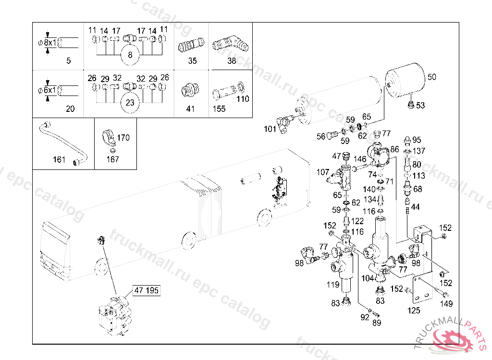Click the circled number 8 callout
click(130, 55)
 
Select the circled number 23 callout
click(130, 102)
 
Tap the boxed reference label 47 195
click(147, 290)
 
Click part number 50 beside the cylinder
click(431, 77)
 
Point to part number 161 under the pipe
click(59, 160)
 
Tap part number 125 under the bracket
click(414, 311)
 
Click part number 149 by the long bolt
click(447, 304)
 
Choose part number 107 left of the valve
click(323, 172)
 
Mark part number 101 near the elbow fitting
click(270, 129)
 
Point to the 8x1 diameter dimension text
click(50, 42)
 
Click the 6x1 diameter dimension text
click(50, 90)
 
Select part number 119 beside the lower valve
click(333, 285)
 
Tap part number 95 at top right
click(417, 140)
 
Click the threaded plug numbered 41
click(190, 90)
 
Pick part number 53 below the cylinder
click(420, 106)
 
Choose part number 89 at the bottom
click(377, 323)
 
